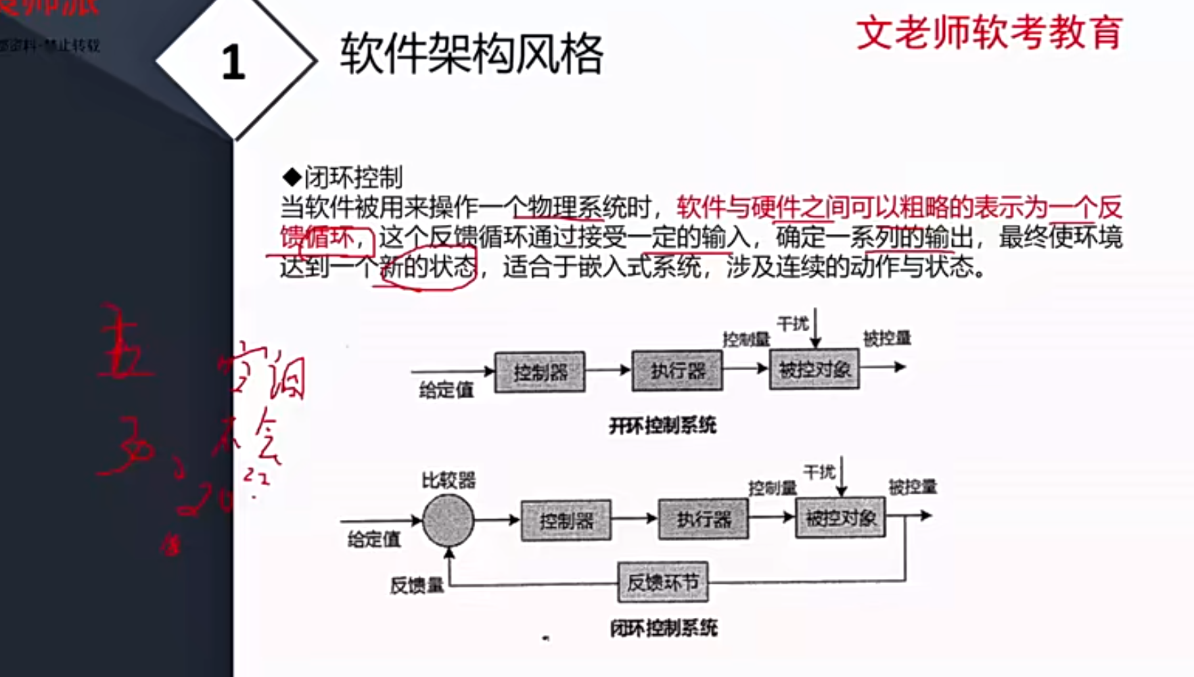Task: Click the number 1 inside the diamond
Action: coord(233,62)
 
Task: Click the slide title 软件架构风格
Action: coord(471,54)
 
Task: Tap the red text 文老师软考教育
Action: coord(989,33)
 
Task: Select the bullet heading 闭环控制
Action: coord(352,177)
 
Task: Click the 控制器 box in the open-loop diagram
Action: coord(540,372)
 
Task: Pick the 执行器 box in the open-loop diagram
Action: coord(677,371)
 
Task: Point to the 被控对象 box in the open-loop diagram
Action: coord(814,369)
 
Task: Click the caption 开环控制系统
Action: coord(662,426)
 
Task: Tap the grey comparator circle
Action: coord(448,521)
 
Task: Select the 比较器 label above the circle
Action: coord(448,480)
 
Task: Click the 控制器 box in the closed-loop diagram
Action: coord(566,521)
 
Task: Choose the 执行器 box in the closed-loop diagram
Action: coord(703,519)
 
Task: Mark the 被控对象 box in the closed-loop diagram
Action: coord(840,518)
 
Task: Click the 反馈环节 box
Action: coord(662,582)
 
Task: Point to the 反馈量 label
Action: coord(417,585)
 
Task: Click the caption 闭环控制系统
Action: coord(664,628)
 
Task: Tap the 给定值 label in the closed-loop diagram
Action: coord(374,540)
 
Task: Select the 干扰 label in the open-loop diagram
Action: coord(792,324)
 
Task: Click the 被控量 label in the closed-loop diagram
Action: coord(913,487)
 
